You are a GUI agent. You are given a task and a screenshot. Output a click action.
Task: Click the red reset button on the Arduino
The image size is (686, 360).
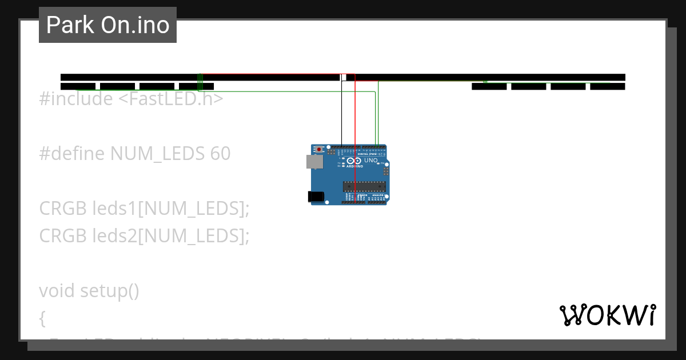coord(319,150)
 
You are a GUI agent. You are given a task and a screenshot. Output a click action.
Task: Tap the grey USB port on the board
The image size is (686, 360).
coord(314,162)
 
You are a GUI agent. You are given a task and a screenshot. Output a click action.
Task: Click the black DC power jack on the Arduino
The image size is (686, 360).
coord(316,197)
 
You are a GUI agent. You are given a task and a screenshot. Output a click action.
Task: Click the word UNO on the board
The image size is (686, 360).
coord(371,161)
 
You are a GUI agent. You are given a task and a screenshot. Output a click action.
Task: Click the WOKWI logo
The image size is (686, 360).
coord(607,315)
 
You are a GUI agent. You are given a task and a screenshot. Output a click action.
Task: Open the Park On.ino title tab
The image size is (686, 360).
coord(107,25)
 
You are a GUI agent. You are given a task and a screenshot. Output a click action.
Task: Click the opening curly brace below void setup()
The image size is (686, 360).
coord(42,318)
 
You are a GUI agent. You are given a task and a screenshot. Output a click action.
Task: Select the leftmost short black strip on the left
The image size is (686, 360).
coord(78,86)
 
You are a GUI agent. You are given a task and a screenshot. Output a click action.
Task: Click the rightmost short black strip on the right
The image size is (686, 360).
coord(607,86)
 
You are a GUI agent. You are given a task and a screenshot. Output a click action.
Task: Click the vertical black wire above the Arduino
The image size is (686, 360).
coord(341,114)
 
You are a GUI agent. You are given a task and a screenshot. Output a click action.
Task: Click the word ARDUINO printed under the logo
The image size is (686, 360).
coord(354,166)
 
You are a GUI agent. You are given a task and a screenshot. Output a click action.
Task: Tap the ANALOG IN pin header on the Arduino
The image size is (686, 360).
coord(377,202)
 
